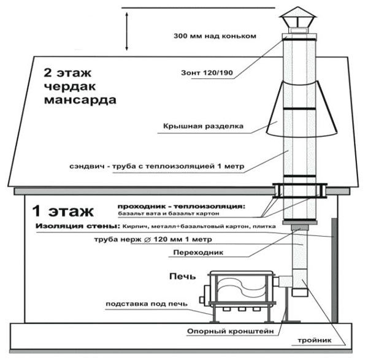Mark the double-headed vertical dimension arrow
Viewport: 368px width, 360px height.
click(128, 29)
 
